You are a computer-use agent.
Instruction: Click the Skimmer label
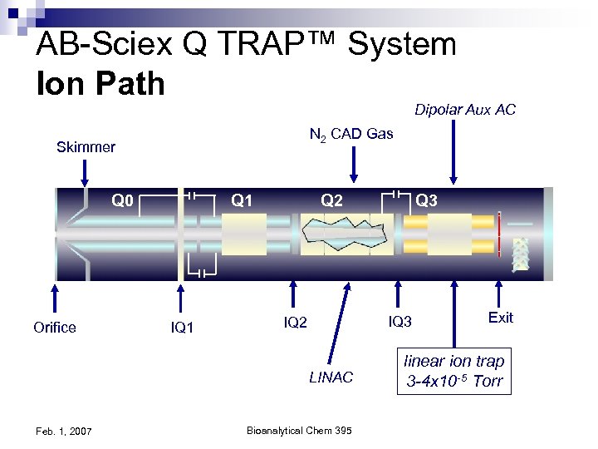[x=86, y=148]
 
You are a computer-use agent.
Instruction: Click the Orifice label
[x=55, y=327]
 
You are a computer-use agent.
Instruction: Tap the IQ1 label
[x=182, y=328]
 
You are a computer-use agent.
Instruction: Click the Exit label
[x=501, y=318]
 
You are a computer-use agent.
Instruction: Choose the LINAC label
[x=331, y=377]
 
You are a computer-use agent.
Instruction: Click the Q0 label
[x=124, y=200]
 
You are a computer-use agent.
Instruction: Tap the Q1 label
[x=242, y=200]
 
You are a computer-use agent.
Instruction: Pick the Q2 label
[x=334, y=200]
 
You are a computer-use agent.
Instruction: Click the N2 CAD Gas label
[x=350, y=134]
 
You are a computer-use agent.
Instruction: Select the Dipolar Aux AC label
[x=465, y=110]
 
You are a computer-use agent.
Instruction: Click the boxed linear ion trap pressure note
[x=453, y=371]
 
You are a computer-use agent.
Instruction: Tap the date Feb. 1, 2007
[x=64, y=430]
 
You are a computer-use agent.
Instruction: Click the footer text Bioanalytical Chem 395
[x=300, y=429]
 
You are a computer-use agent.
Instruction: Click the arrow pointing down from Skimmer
[x=84, y=172]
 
